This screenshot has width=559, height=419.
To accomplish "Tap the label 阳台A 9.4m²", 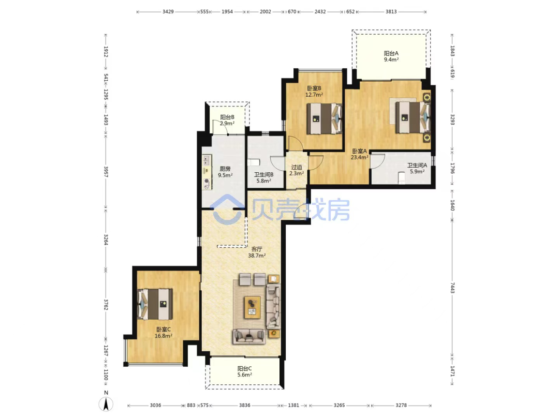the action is click(x=391, y=56).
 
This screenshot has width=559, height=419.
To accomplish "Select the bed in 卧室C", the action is click(x=155, y=304).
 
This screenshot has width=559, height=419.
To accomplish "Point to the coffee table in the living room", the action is click(x=253, y=307).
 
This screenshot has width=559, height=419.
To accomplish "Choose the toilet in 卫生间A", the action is click(x=402, y=178).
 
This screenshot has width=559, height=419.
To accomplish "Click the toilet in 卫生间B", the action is click(x=253, y=162).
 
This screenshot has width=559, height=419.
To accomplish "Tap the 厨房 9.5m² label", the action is click(x=225, y=172).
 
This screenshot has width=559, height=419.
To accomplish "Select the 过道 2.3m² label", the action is click(x=297, y=170).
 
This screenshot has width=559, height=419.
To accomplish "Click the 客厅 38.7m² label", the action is click(x=257, y=252).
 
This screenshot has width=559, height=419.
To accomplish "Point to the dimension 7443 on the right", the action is click(x=452, y=288).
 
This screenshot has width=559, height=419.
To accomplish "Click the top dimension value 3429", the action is click(x=168, y=12).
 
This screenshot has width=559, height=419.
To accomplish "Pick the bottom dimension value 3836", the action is click(x=244, y=405).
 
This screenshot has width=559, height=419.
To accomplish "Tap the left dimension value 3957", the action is click(x=106, y=172).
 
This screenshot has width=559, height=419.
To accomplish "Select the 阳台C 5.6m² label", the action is click(x=244, y=371).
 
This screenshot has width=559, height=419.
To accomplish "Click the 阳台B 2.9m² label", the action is click(x=227, y=120).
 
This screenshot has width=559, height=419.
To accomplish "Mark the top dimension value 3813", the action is click(x=391, y=12).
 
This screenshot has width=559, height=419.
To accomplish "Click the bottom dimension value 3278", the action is click(x=401, y=405).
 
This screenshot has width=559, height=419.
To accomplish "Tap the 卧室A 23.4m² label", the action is click(x=359, y=154).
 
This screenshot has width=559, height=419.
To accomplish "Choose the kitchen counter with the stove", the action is click(x=207, y=172).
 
